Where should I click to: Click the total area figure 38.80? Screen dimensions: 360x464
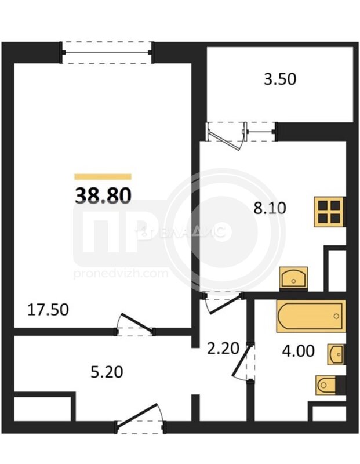[103, 196]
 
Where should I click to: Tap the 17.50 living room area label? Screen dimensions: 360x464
[48, 310]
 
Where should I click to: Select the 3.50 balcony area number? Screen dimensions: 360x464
[280, 79]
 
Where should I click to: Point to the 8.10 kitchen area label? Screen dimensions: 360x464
[270, 208]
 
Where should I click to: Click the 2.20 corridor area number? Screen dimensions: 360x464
[223, 348]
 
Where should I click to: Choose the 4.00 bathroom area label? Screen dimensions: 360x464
[298, 351]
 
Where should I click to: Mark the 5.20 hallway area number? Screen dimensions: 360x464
[107, 372]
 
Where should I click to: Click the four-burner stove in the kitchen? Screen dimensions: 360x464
[329, 212]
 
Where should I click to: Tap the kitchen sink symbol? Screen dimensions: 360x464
[294, 277]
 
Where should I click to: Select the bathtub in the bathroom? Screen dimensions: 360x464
[311, 316]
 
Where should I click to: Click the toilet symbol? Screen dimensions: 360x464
[330, 385]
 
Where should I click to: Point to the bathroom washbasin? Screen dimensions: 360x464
[336, 354]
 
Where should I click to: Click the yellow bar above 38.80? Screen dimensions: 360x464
[103, 177]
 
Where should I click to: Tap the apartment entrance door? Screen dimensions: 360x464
[140, 419]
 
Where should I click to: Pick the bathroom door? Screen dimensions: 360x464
[243, 361]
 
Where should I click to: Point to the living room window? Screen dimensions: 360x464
[107, 53]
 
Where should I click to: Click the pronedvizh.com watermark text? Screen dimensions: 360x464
[121, 273]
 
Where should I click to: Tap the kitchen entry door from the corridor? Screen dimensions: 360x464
[223, 302]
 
